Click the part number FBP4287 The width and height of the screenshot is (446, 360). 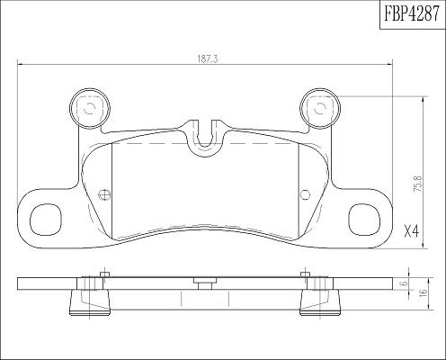click(412, 13)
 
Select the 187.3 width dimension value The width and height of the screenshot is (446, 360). click(207, 59)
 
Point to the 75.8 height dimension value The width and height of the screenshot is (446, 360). click(417, 184)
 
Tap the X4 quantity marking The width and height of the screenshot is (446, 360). click(411, 231)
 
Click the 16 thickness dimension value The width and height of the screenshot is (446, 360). click(424, 292)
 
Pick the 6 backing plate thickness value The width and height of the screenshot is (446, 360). click(405, 283)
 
